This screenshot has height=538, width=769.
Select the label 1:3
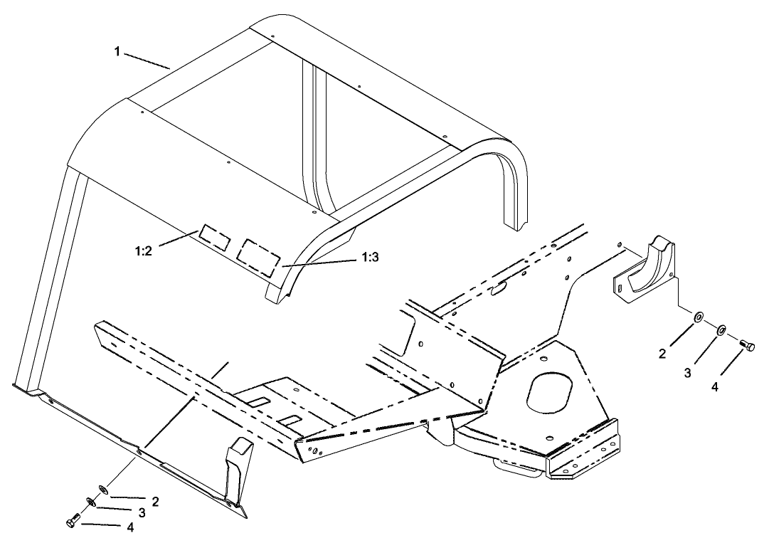pyautogui.click(x=370, y=258)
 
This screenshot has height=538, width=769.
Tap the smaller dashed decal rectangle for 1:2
pyautogui.click(x=214, y=237)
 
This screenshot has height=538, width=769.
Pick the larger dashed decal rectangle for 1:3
pyautogui.click(x=258, y=257)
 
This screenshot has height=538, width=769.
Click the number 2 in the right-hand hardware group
pyautogui.click(x=662, y=354)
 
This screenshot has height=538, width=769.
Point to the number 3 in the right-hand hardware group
pyautogui.click(x=688, y=372)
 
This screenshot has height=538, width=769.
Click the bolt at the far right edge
pyautogui.click(x=747, y=345)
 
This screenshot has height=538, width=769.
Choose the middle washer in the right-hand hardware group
pyautogui.click(x=721, y=329)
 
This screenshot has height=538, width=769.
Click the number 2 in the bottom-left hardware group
pyautogui.click(x=155, y=501)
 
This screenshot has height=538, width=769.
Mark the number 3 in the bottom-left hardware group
pyautogui.click(x=142, y=512)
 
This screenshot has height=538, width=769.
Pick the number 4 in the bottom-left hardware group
pyautogui.click(x=129, y=527)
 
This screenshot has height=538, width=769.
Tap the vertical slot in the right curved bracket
pyautogui.click(x=620, y=288)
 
